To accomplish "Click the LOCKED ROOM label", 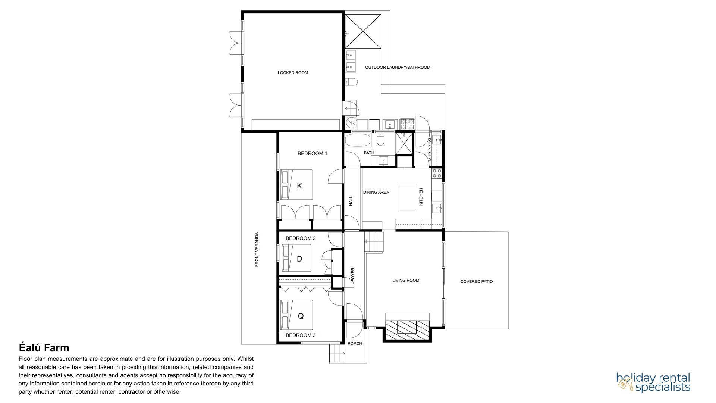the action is click(x=293, y=73).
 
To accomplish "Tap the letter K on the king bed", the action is click(x=299, y=186).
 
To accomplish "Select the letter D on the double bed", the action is click(x=299, y=259).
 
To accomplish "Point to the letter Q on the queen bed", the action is click(x=301, y=316).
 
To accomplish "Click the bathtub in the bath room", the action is click(x=358, y=141).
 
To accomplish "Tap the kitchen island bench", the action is click(x=407, y=197).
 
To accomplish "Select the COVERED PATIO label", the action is click(x=476, y=282).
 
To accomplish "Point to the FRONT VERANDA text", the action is click(x=257, y=250).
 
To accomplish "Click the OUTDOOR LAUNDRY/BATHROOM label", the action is click(x=398, y=68).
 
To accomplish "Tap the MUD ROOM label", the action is click(x=430, y=149).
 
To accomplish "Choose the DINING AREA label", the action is click(x=376, y=193).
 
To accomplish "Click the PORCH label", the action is click(x=355, y=343).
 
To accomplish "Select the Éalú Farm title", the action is click(x=44, y=348).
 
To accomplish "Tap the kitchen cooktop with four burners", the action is click(x=437, y=173).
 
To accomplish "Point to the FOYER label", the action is click(x=353, y=275).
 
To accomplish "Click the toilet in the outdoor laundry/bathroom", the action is click(x=351, y=82).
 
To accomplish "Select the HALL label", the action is click(x=351, y=201).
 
